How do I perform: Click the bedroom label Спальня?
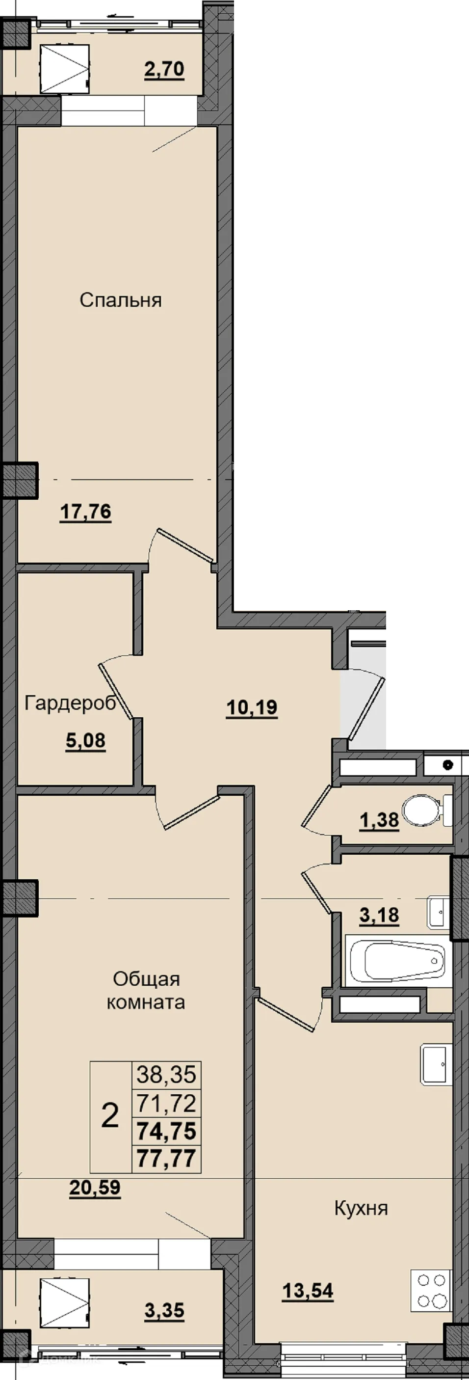pos(121,300)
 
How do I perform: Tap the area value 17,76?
pos(86,512)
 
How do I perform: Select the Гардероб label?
pos(70,704)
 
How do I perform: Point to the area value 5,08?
pos(86,741)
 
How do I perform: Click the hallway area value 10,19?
pos(252,708)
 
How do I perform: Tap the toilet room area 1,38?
pos(379,820)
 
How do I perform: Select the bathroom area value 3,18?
pos(379,916)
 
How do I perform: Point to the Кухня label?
pos(361,1204)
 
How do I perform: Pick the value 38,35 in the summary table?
pos(166,1072)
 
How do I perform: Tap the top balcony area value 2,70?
pos(164,69)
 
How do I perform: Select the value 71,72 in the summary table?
pos(166,1100)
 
